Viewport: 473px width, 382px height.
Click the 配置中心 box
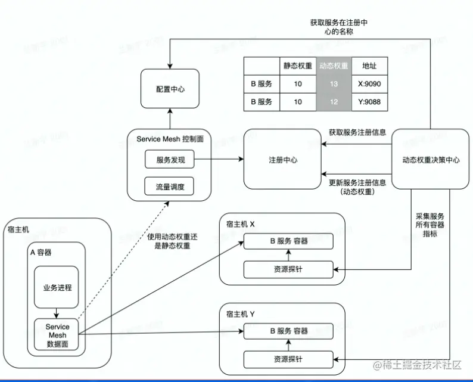pos(170,89)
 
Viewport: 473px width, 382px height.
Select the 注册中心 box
pos(282,160)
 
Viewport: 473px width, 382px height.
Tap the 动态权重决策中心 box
pos(431,160)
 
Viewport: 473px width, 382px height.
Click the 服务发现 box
pos(170,160)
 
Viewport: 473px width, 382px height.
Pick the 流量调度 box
pos(170,187)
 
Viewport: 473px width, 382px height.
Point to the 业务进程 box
pos(57,287)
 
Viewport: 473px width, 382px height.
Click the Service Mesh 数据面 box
pos(57,336)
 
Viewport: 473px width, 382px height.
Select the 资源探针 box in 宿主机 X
pos(288,269)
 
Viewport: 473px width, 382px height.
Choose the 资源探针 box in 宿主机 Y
pos(288,359)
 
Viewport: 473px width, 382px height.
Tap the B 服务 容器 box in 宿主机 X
pos(288,241)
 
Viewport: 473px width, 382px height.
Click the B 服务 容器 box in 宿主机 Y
pos(288,331)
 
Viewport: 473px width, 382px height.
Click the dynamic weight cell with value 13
pos(334,84)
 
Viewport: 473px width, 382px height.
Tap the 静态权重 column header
pos(298,66)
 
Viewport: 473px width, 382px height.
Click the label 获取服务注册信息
pos(357,132)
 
